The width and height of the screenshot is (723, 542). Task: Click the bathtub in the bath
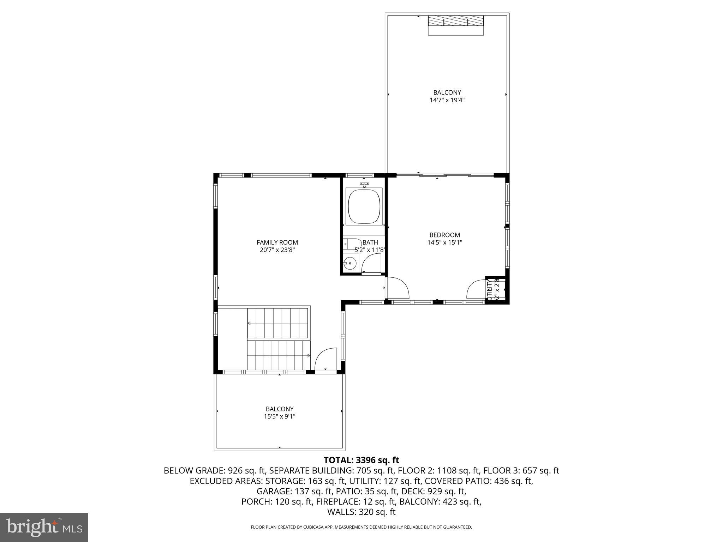tap(364, 207)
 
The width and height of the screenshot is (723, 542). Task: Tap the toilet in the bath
tap(352, 244)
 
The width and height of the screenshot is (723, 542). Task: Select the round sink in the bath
tap(350, 263)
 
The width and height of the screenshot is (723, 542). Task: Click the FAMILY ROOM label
tap(277, 242)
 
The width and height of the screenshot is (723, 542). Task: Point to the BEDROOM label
tap(444, 235)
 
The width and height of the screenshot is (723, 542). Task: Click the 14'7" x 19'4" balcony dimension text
tap(447, 100)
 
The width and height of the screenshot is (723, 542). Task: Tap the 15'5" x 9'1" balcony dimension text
tap(280, 416)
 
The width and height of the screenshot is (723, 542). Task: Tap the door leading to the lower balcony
tap(325, 360)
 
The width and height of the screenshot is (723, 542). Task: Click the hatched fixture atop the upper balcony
tap(455, 21)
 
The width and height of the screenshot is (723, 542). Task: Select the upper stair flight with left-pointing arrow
tap(277, 323)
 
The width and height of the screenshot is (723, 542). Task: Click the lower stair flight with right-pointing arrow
tap(278, 355)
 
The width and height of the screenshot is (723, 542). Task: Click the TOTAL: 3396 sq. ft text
tap(361, 460)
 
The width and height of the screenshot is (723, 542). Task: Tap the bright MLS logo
tap(44, 527)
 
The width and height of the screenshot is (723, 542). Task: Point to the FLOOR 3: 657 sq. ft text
tap(521, 471)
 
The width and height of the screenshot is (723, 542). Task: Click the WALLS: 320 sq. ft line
tap(361, 512)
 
